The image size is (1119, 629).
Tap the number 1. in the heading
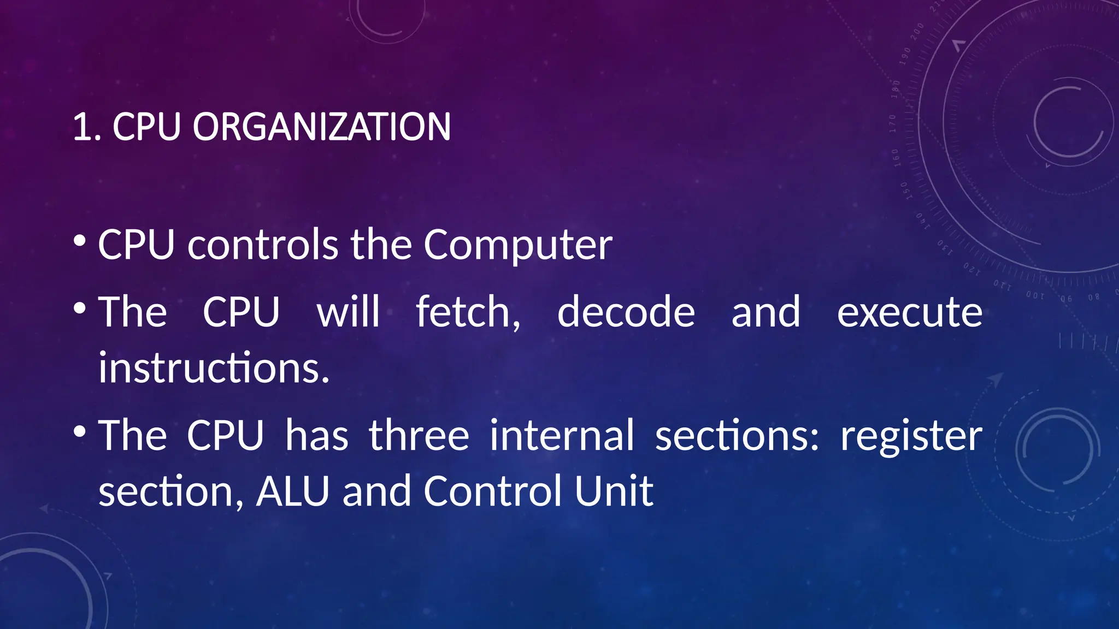tap(87, 127)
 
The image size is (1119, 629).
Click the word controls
tap(263, 245)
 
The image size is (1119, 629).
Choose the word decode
tap(626, 312)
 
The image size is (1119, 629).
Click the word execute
tap(910, 312)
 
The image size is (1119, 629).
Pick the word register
tap(911, 437)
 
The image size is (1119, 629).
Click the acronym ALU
tap(293, 491)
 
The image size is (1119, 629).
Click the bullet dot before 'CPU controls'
tap(80, 241)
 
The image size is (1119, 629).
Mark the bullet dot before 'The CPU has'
tap(80, 432)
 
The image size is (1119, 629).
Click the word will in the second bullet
tap(349, 312)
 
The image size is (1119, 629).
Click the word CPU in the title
tap(146, 127)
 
